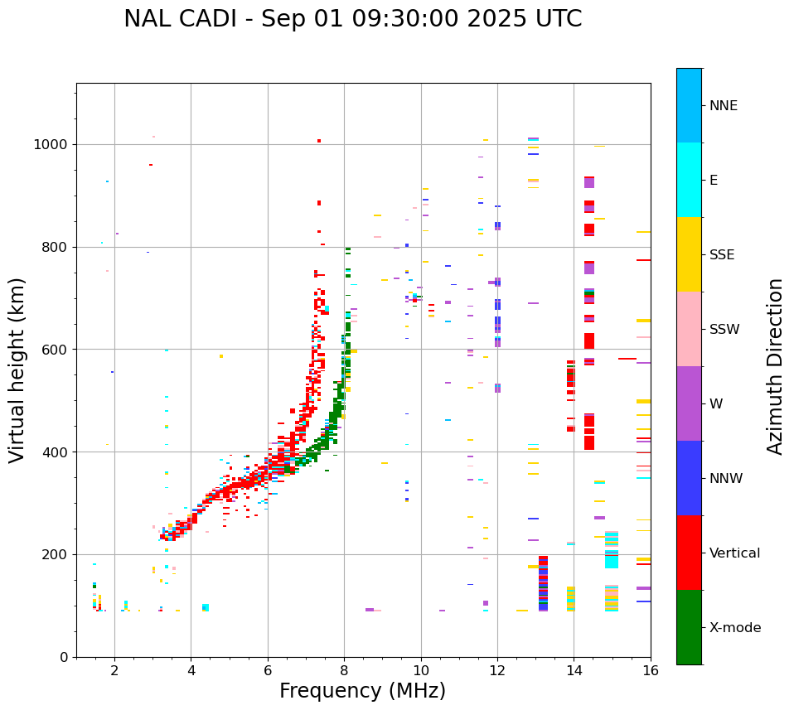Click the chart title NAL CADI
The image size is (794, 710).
click(x=352, y=19)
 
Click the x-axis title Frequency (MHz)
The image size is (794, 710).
click(x=362, y=691)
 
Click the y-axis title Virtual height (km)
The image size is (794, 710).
click(x=17, y=369)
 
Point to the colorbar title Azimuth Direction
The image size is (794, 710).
click(x=775, y=366)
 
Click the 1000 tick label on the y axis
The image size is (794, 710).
click(x=52, y=144)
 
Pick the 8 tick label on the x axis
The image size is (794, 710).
click(x=344, y=669)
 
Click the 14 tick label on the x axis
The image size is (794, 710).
click(x=574, y=669)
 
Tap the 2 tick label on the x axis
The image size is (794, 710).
click(x=114, y=669)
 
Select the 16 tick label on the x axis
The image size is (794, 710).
click(x=651, y=669)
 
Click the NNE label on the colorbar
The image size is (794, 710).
click(x=724, y=106)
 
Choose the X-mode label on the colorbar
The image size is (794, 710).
click(x=735, y=628)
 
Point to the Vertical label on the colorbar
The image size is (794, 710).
click(x=734, y=553)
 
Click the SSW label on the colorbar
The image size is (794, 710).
click(x=724, y=330)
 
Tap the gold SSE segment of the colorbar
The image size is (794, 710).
click(x=689, y=254)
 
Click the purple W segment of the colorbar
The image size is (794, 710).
click(x=689, y=403)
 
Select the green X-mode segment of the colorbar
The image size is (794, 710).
click(x=689, y=627)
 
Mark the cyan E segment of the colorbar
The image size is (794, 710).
click(x=689, y=180)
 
